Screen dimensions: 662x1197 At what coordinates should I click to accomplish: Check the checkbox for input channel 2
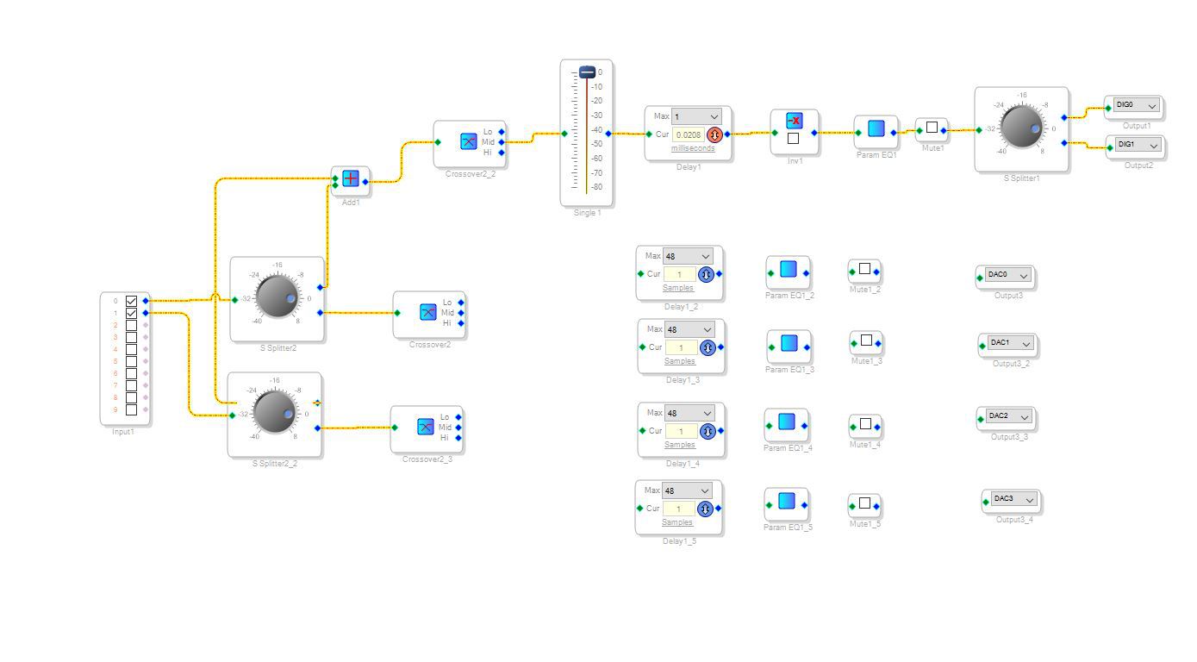tap(131, 325)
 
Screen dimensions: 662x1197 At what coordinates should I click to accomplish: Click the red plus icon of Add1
tap(351, 179)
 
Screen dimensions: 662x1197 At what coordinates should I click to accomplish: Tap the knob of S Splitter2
tap(277, 296)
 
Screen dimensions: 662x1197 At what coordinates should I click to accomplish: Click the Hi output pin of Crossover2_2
tap(502, 153)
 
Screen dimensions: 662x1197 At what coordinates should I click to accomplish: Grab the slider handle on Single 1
tap(587, 72)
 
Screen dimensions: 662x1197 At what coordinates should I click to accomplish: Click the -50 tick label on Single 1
tap(596, 144)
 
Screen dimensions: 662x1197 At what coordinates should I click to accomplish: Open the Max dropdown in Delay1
tap(696, 116)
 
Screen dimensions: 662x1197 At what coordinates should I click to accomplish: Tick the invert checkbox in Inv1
tap(793, 138)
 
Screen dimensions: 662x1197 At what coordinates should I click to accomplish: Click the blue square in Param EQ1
tap(876, 128)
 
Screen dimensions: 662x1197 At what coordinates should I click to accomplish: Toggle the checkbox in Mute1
tap(932, 128)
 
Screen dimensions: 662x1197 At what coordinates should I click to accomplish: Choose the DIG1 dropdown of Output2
tap(1138, 145)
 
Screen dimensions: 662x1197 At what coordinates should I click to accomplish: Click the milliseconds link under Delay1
tap(693, 148)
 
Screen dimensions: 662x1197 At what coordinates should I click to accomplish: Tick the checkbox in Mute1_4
tap(865, 424)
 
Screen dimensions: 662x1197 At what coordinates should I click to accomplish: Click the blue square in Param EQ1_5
tap(786, 501)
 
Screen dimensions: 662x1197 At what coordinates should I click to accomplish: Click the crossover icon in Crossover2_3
tap(425, 427)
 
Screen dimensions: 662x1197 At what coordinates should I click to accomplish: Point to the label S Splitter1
tap(1021, 178)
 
